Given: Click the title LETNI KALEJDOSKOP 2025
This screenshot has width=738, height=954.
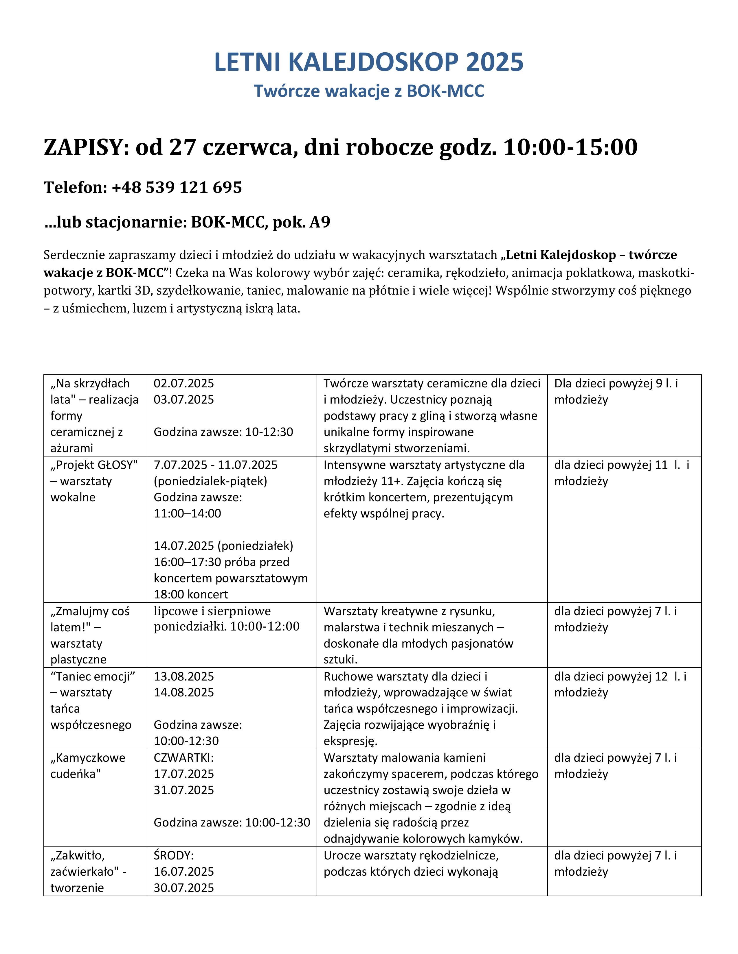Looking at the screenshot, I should tap(368, 62).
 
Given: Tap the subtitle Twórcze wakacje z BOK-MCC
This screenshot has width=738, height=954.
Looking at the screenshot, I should tap(368, 91).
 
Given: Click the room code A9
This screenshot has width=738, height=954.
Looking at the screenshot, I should tap(320, 222).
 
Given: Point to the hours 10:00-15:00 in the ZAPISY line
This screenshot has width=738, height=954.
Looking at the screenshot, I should tap(570, 147).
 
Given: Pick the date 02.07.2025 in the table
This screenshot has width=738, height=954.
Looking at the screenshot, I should tap(183, 384).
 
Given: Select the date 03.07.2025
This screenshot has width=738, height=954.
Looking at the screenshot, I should tap(183, 400).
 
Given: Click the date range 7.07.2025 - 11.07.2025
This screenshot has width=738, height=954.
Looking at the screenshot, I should tap(216, 465).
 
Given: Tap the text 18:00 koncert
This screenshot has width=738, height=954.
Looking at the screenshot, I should tap(191, 594).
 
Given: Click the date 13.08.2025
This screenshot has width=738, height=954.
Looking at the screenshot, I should tap(183, 677).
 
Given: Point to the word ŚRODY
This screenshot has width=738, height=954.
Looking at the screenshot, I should tap(173, 855).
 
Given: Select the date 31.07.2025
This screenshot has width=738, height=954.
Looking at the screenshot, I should tap(183, 790).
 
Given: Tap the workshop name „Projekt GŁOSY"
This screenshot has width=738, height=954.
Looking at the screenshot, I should tap(94, 465).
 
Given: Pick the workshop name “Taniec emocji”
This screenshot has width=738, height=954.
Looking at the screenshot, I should tap(93, 677).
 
